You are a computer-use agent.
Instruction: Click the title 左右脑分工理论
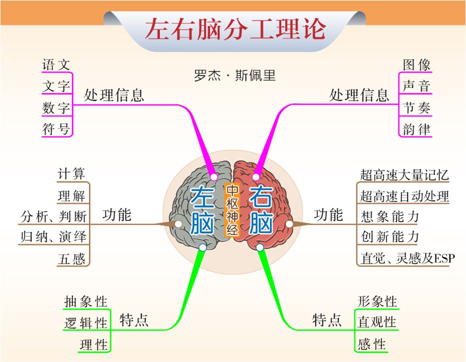[235, 29]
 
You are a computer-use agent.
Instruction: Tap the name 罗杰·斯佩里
[234, 75]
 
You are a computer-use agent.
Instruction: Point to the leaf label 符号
[56, 129]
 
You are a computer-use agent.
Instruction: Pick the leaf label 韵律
[416, 129]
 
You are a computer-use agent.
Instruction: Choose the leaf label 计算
[71, 174]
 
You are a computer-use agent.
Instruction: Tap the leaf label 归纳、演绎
[53, 236]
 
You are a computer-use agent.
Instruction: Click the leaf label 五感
[71, 258]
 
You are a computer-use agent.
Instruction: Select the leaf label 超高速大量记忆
[404, 175]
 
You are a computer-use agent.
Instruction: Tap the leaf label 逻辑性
[85, 323]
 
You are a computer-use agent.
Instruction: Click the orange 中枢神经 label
[232, 210]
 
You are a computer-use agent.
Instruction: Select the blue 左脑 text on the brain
[202, 210]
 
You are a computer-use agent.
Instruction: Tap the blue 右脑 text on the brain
[260, 210]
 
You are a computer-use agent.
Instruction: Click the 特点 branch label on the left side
[134, 320]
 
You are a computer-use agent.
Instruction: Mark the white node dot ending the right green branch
[259, 247]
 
